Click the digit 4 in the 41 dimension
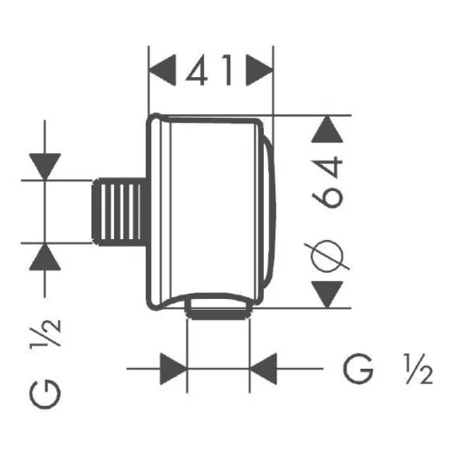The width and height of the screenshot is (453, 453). [197, 70]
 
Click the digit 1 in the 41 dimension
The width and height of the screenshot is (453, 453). [227, 70]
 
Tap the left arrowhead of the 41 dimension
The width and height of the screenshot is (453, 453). [162, 70]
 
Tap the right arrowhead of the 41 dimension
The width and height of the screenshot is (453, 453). [260, 70]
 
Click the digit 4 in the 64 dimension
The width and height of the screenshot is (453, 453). [328, 169]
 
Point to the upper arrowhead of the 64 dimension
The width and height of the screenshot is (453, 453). [327, 129]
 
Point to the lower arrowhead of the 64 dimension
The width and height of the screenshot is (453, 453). [327, 294]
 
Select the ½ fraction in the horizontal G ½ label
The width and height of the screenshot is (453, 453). [419, 369]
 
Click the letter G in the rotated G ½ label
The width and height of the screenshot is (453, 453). [45, 394]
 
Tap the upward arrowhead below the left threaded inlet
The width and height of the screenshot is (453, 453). [45, 256]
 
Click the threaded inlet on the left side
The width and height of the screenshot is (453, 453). [120, 211]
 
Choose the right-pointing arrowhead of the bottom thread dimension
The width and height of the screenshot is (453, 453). [173, 369]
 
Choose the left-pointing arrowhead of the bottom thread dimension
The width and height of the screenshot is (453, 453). [264, 369]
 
